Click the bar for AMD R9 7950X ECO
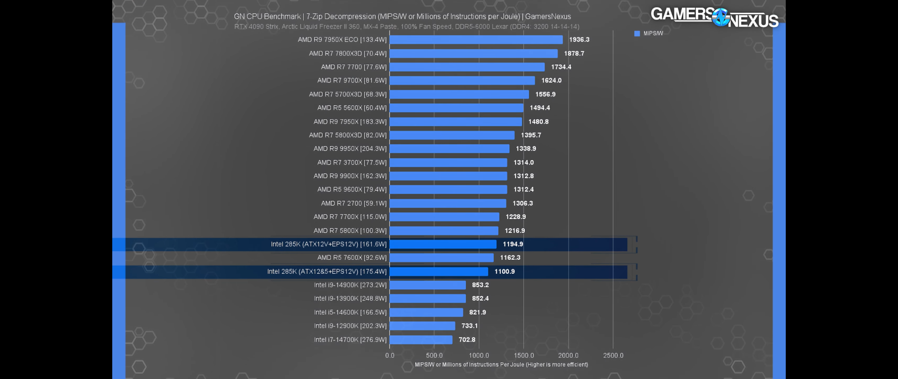coord(476,40)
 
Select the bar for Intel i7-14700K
coord(421,340)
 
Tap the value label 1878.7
coord(574,53)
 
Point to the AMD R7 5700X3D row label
coord(348,95)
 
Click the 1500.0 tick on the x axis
coord(524,356)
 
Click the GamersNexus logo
coord(714,17)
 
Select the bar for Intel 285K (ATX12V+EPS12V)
coord(443,244)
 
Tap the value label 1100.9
coord(505,271)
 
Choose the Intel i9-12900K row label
coord(350,326)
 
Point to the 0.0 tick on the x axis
coord(390,356)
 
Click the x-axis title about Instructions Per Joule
coord(501,364)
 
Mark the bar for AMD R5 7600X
coord(442,258)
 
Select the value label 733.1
coord(470,326)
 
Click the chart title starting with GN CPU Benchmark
coord(402,16)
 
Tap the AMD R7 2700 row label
coord(354,204)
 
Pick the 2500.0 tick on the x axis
coord(613,356)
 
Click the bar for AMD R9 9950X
coord(449,149)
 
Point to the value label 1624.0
coord(551,80)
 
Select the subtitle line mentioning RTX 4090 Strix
coord(406,27)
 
